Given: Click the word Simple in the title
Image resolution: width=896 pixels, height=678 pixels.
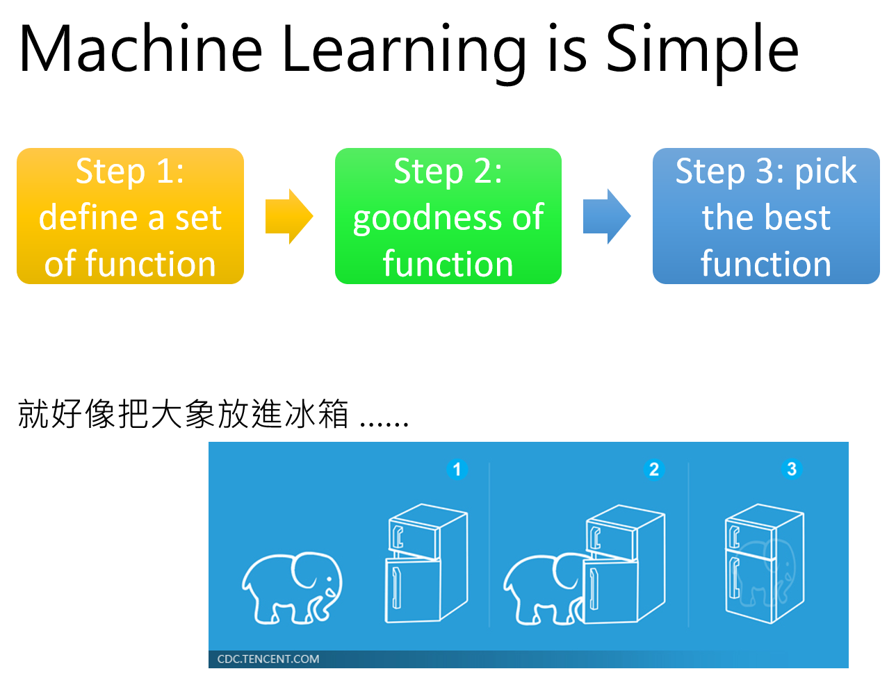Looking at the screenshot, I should (702, 50).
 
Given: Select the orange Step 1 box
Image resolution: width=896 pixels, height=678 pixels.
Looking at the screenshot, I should (130, 216).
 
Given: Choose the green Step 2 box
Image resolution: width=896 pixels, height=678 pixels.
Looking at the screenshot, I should (448, 216).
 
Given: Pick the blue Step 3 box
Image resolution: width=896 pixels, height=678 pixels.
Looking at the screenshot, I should (765, 216).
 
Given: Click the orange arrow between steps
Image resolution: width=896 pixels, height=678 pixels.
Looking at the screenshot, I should (288, 217).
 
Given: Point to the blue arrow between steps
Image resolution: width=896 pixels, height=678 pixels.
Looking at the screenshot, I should (606, 217).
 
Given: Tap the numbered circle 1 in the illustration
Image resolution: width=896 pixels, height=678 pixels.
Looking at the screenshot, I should (457, 470).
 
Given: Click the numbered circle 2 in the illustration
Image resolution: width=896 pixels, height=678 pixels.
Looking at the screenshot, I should (653, 470).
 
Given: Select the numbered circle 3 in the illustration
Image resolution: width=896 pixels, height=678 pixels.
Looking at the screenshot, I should (791, 469).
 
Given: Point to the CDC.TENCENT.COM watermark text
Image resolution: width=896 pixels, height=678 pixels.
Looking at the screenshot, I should (268, 659).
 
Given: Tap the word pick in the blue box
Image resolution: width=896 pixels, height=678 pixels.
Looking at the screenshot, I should (826, 172).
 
